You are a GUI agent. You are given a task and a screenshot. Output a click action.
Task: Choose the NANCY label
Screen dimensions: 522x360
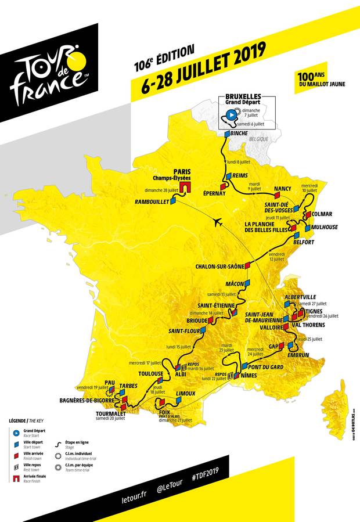282,189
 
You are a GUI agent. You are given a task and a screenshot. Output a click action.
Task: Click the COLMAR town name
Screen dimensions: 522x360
322,214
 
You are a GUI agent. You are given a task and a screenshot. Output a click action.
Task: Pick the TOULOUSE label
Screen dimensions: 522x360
150,373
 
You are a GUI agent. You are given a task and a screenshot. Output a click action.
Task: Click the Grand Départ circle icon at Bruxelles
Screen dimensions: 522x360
231,114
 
